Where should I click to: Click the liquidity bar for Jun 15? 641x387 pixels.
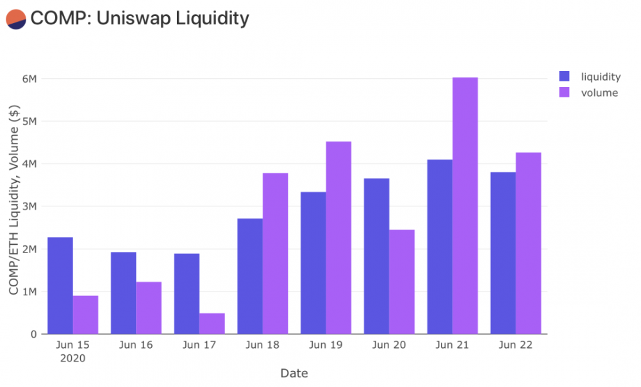60,286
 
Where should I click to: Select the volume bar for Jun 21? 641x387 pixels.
465,206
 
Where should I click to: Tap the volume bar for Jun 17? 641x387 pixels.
212,324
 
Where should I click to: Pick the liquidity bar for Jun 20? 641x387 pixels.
376,256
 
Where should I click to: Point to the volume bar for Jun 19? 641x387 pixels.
338,238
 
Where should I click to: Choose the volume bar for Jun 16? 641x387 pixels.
149,308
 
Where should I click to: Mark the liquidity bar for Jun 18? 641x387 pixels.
250,276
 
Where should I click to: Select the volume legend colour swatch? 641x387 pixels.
565,93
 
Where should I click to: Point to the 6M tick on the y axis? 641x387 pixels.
29,79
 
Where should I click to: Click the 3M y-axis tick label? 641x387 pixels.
29,206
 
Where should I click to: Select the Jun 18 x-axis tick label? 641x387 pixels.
262,345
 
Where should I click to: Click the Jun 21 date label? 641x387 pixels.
452,345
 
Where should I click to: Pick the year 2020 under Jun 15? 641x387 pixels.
73,358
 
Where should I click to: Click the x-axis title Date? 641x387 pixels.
294,373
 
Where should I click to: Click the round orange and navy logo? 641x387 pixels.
15,19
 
